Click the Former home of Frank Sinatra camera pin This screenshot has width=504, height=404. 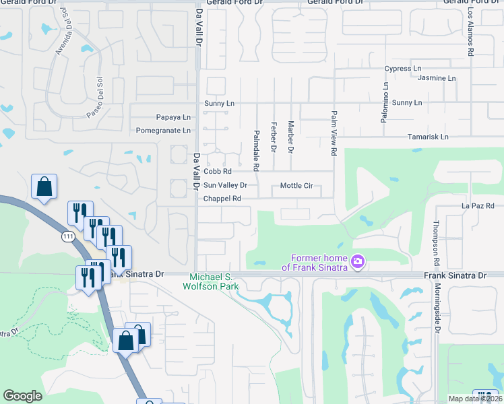358,260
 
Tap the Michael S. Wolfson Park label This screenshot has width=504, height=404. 211,281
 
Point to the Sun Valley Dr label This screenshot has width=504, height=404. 226,185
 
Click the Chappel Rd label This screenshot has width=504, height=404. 222,199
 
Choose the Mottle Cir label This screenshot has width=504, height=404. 296,185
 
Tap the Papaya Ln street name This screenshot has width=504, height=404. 173,117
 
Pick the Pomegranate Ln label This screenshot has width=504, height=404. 164,131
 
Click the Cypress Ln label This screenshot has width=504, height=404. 402,69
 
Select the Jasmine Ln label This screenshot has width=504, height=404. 437,78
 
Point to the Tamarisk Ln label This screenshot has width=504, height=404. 428,137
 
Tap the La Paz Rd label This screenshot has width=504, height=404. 478,205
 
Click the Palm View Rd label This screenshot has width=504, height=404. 333,133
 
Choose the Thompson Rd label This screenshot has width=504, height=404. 437,243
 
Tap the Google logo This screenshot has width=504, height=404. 22,396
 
